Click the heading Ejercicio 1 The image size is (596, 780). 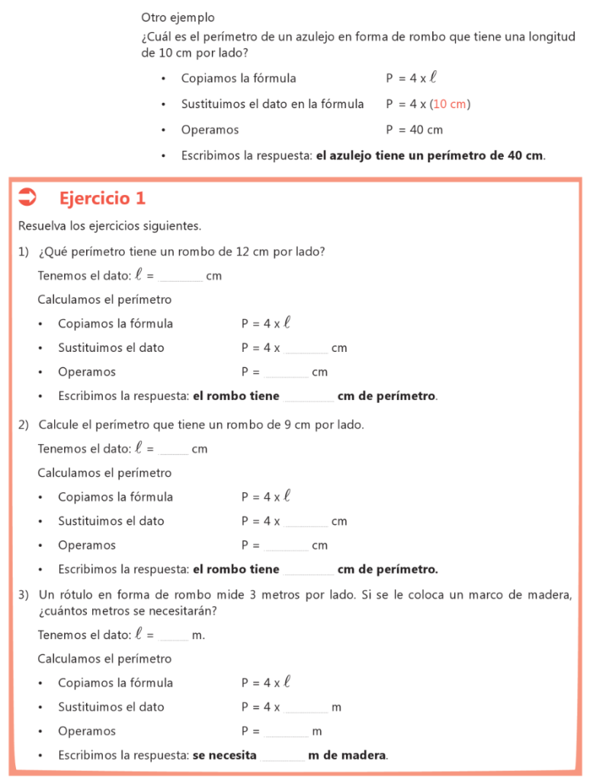[x=102, y=199]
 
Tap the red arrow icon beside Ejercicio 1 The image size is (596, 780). [x=27, y=197]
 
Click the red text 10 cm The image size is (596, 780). [x=450, y=104]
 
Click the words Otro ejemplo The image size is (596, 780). [x=178, y=17]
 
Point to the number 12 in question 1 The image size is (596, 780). [x=243, y=251]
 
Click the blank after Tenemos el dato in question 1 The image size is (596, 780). [x=181, y=277]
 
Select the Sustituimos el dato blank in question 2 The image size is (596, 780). [x=306, y=522]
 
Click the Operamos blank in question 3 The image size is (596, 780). [x=287, y=732]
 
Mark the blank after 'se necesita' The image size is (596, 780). [x=283, y=756]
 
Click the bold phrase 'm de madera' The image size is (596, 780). [x=348, y=756]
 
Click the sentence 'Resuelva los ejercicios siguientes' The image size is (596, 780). [x=109, y=226]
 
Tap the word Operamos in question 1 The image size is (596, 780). [x=87, y=372]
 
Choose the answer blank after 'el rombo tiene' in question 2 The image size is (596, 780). [x=308, y=570]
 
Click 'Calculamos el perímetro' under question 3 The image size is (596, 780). [x=104, y=658]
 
